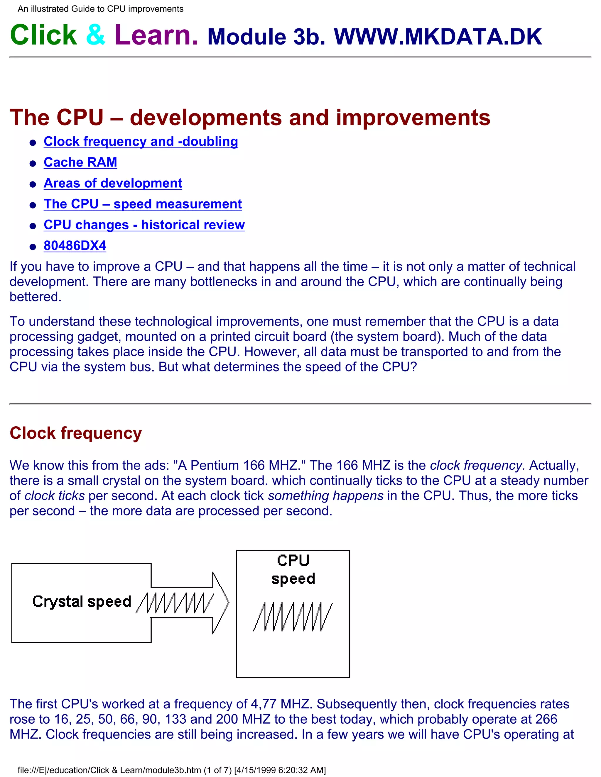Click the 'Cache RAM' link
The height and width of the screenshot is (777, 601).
tap(80, 162)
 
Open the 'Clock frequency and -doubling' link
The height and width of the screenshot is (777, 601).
tap(141, 142)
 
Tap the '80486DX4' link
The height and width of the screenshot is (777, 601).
tap(75, 246)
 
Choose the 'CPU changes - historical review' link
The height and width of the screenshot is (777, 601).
tap(144, 225)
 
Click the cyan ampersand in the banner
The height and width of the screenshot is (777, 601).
tap(96, 35)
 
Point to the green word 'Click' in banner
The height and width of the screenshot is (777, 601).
tap(43, 35)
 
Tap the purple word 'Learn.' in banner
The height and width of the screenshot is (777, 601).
tap(156, 35)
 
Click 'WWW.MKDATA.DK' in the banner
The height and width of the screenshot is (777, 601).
tap(438, 37)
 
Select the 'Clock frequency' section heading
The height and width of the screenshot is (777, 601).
tap(75, 433)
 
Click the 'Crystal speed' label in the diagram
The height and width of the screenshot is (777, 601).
tap(82, 601)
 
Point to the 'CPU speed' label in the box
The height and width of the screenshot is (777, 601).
tap(293, 569)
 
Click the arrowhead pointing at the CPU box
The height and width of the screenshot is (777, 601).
tap(221, 603)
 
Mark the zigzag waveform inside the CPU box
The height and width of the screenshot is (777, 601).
tap(293, 617)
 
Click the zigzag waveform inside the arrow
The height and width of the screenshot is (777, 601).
tap(175, 603)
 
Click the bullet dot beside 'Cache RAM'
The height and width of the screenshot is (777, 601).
tap(33, 164)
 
